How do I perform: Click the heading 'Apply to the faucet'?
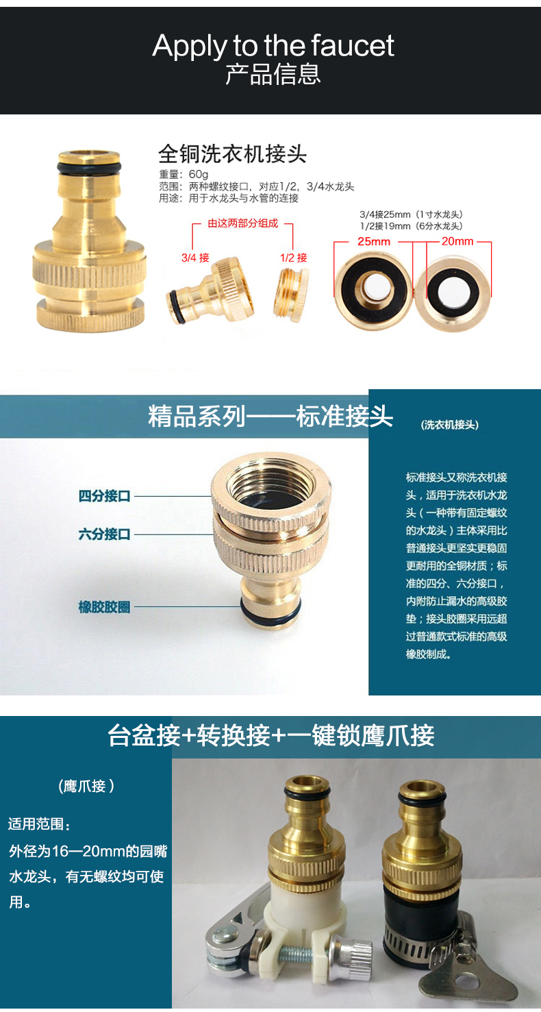273,46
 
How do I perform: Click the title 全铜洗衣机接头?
232,153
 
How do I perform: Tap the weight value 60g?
198,174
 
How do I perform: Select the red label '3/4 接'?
195,258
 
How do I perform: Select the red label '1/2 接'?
294,258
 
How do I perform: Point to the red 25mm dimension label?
374,242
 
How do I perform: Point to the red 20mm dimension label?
457,242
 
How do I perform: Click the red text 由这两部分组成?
243,223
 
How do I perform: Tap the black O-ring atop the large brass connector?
90,167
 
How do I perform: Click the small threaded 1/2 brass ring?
291,295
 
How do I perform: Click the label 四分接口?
104,496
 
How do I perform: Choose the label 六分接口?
104,534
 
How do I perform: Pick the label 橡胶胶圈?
104,607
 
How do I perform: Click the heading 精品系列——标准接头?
270,416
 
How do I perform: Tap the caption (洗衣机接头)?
449,425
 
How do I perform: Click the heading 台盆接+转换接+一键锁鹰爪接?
271,736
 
